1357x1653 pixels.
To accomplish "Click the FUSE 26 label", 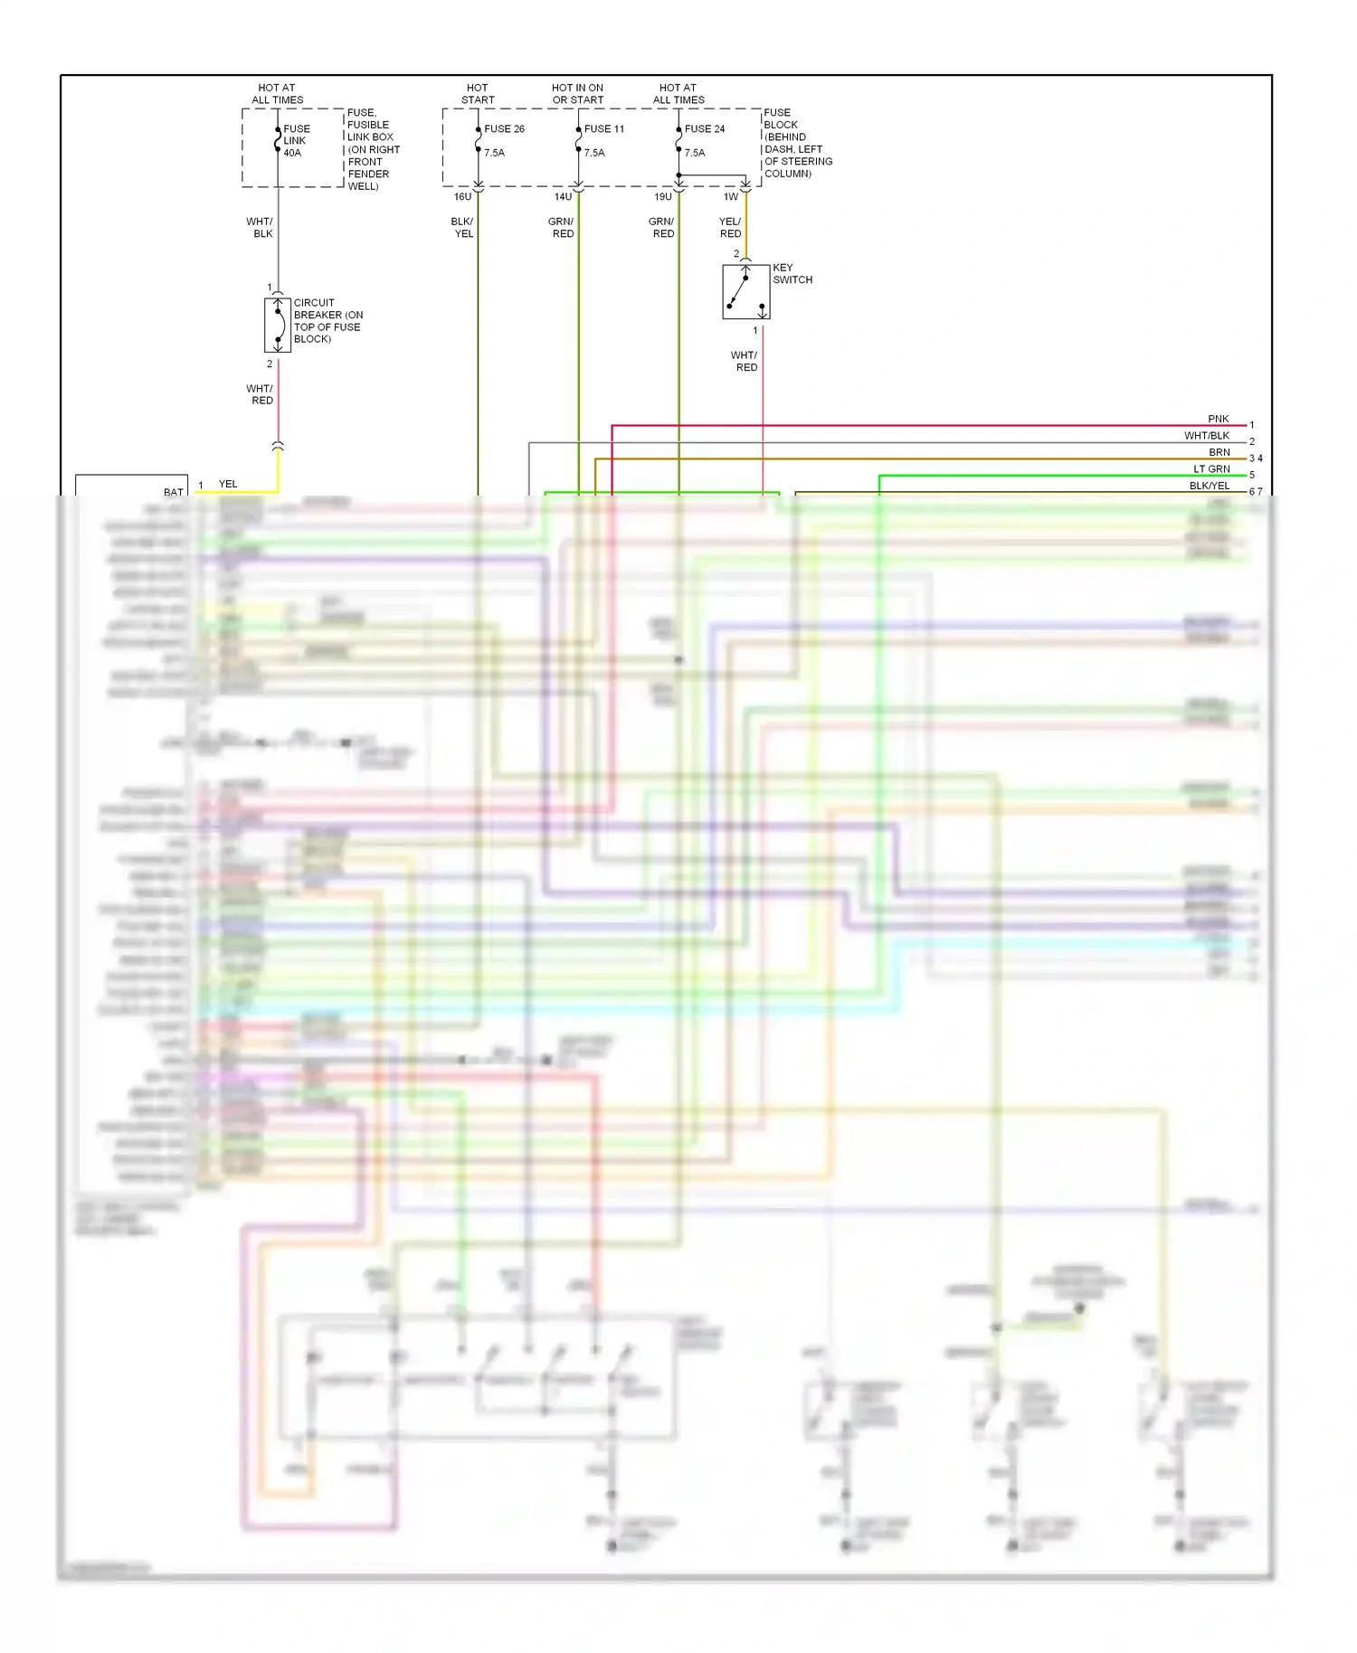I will click(504, 129).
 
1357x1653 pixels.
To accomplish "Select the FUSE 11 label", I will click(603, 129).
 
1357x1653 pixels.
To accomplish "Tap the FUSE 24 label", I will click(704, 129).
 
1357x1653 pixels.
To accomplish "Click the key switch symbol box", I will click(745, 292).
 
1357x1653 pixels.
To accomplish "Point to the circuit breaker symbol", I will click(278, 325).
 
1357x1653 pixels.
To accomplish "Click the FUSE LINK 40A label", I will click(296, 141).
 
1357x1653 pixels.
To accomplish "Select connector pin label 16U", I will click(462, 197).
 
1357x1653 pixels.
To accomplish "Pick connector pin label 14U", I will click(563, 197).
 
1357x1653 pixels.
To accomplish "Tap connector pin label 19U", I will click(663, 197).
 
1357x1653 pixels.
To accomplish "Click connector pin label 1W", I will click(731, 197).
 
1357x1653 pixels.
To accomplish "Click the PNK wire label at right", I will click(1218, 420).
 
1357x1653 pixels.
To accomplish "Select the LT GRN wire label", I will click(1211, 469).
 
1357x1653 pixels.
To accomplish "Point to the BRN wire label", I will click(1219, 453).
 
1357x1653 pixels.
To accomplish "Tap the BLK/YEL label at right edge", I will click(1209, 486).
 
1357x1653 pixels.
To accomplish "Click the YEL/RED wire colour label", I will click(730, 228).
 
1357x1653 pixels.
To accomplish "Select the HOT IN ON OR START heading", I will click(577, 94).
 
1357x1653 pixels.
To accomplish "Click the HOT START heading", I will click(478, 94).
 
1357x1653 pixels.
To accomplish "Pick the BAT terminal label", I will click(173, 493).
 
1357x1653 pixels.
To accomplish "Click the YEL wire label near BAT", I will click(228, 485).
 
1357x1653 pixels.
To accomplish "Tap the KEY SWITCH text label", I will click(792, 274).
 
